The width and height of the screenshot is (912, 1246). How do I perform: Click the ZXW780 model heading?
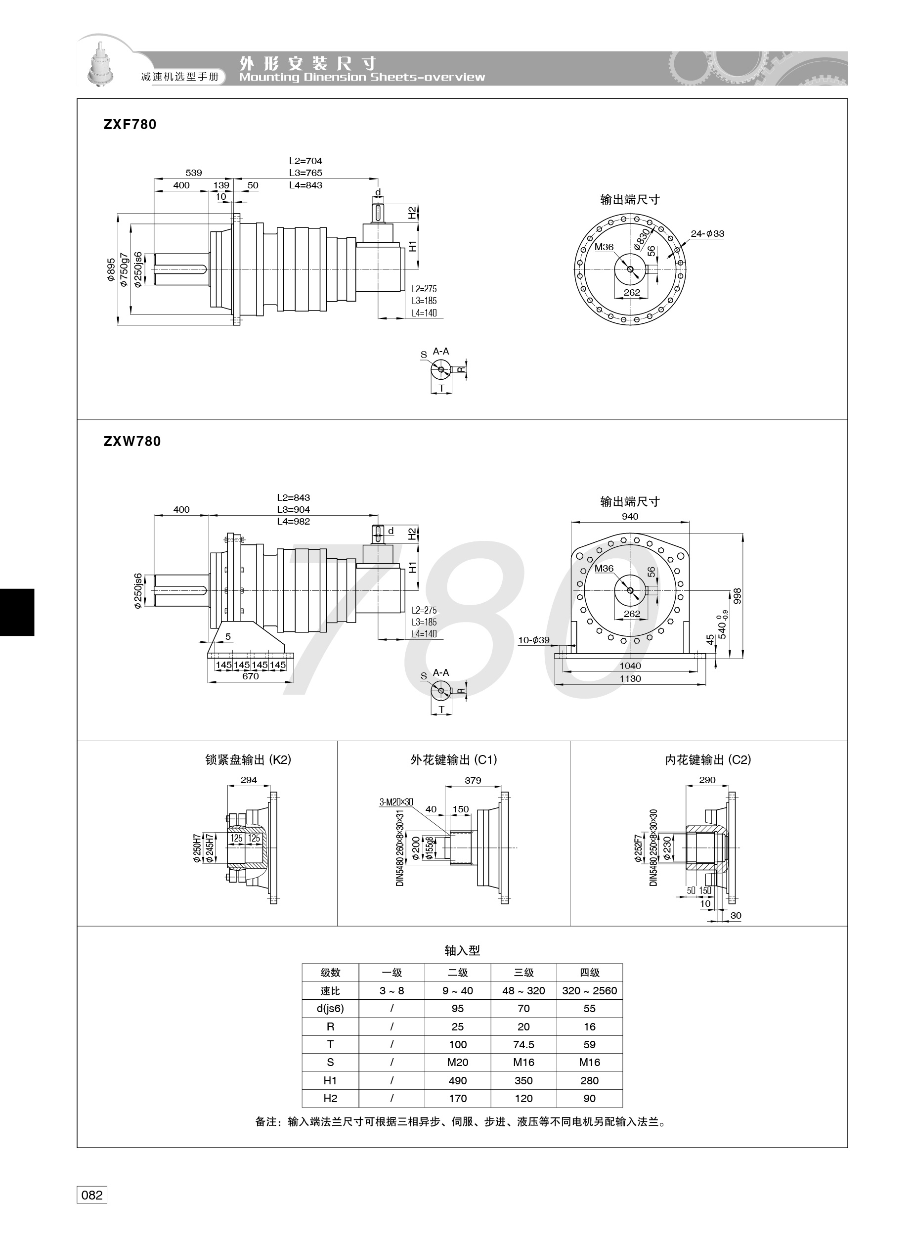pyautogui.click(x=132, y=442)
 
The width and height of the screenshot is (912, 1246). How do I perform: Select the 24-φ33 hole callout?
pyautogui.click(x=707, y=233)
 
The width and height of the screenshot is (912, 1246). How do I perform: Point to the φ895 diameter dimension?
pyautogui.click(x=112, y=270)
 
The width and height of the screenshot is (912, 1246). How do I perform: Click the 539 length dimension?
pyautogui.click(x=194, y=173)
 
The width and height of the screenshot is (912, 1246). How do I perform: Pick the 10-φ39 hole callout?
pyautogui.click(x=533, y=640)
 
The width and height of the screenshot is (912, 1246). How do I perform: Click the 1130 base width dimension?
pyautogui.click(x=630, y=678)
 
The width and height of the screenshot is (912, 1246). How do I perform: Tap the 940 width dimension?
pyautogui.click(x=630, y=517)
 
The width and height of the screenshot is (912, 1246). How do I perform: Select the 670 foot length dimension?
pyautogui.click(x=251, y=676)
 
